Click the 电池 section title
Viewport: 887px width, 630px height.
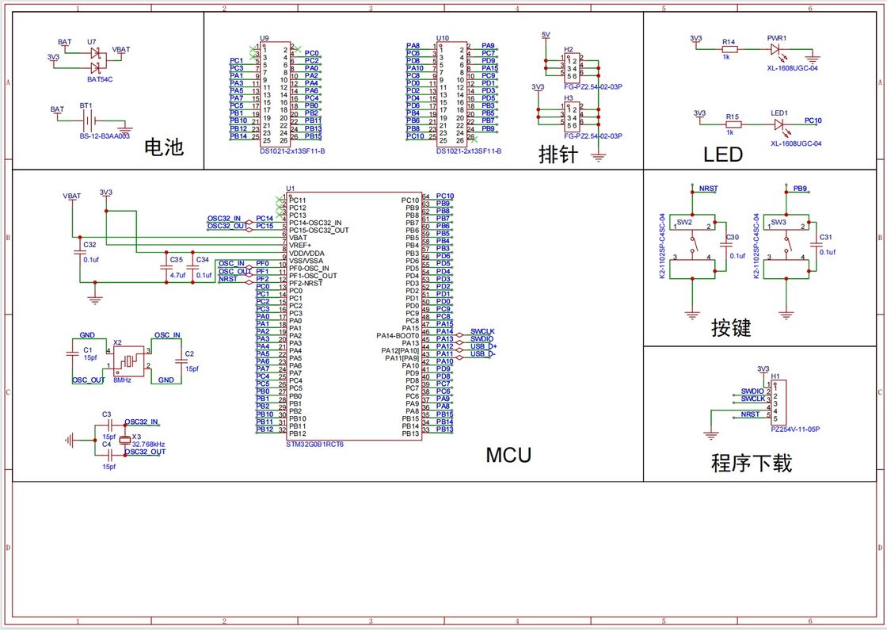coord(164,147)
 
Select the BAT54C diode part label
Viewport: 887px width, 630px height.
coord(100,79)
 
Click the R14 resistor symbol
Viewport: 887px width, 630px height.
coord(729,49)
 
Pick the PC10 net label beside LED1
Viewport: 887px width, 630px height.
coord(813,120)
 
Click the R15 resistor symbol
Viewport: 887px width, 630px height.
coord(733,124)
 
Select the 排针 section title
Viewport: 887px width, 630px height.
coord(558,153)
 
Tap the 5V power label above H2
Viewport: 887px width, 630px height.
coord(546,35)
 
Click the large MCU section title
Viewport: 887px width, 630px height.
coord(508,455)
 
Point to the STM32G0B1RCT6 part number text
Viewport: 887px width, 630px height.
coord(315,445)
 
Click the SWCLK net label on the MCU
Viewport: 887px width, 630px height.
coord(482,331)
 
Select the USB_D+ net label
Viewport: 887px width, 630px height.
coord(483,346)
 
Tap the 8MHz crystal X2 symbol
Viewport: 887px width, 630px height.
coord(128,361)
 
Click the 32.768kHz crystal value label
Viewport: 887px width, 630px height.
coord(148,444)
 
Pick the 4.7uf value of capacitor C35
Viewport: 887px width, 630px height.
coord(177,275)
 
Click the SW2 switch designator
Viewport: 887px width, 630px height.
coord(684,223)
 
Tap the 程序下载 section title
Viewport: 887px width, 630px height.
coord(751,463)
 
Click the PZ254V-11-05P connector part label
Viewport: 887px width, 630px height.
coord(794,429)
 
